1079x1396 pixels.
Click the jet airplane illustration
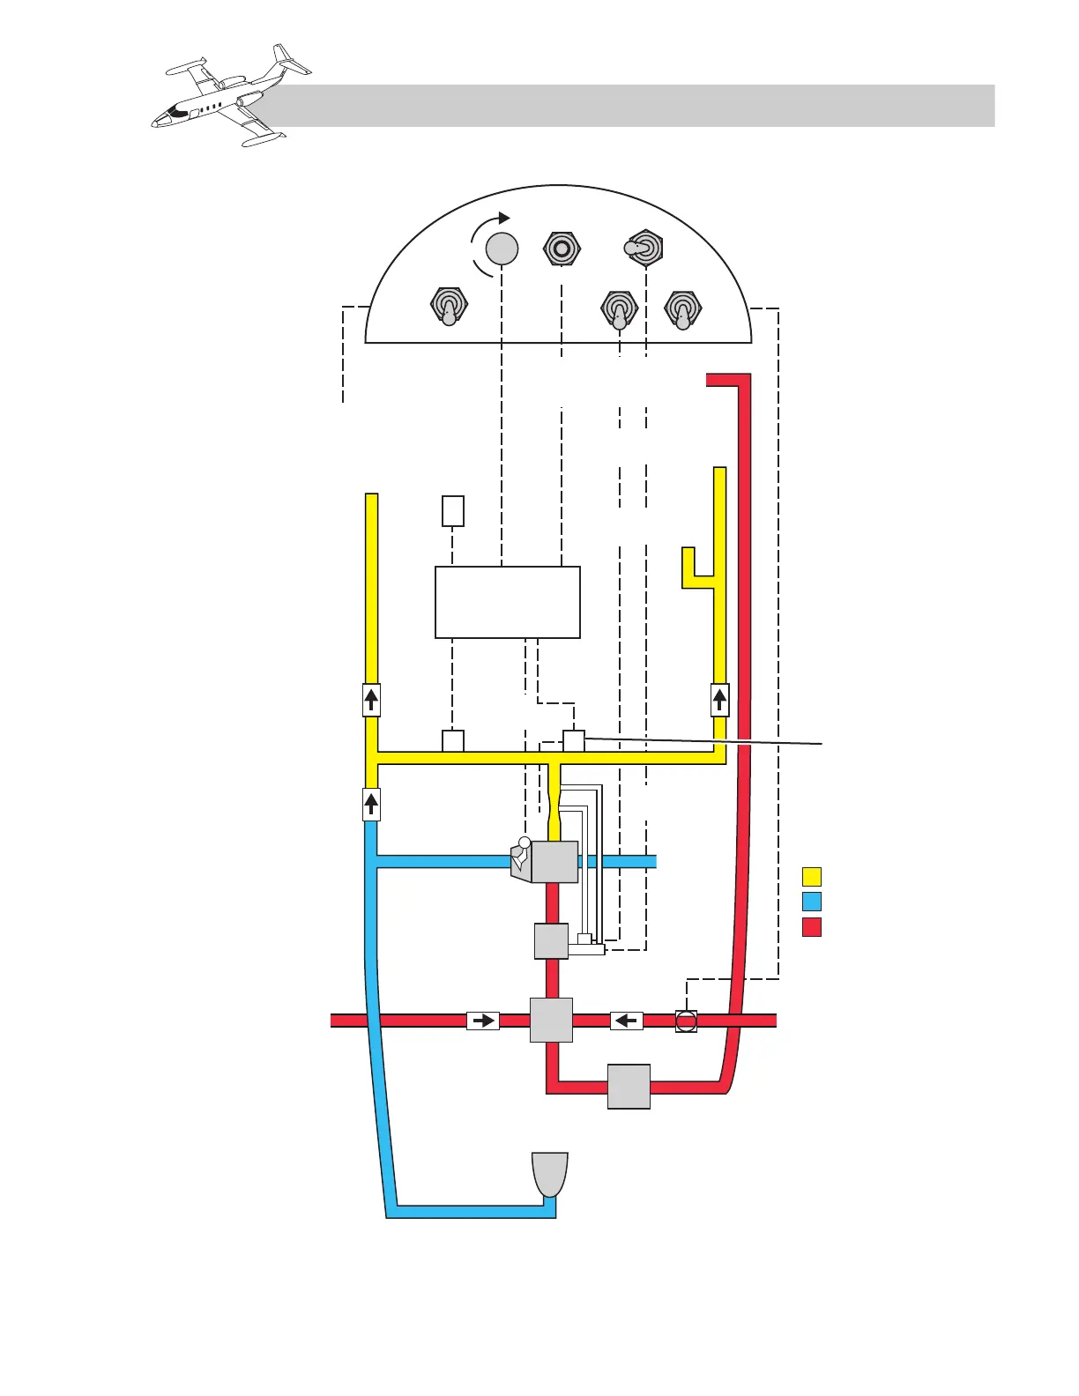(231, 96)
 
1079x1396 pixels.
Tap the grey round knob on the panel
(502, 249)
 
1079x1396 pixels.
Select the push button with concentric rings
(562, 249)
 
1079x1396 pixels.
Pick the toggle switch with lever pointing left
(644, 249)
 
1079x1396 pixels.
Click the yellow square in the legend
(812, 877)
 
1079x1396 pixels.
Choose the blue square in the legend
(812, 902)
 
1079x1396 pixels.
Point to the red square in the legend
(812, 927)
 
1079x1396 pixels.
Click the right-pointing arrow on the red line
(483, 1021)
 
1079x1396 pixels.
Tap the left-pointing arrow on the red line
(626, 1021)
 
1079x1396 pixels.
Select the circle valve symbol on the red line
(686, 1021)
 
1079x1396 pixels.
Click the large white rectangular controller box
(508, 602)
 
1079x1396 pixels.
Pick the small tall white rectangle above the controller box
(452, 511)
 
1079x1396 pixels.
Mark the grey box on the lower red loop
(629, 1087)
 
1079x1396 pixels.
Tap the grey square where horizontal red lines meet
(551, 1020)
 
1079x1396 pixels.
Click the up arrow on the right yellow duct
(720, 701)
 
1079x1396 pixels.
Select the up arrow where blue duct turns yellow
(372, 804)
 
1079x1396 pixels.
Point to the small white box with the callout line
(574, 740)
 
